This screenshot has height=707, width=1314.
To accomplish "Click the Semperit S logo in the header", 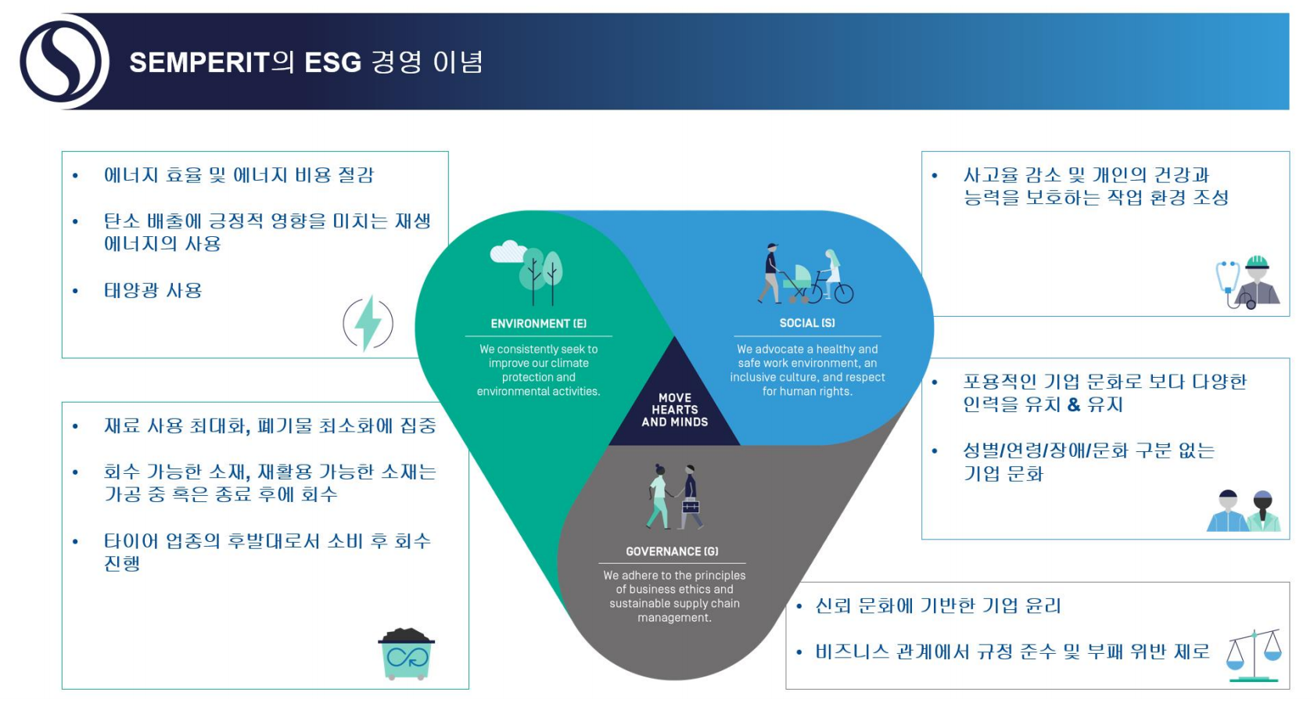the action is pyautogui.click(x=64, y=62).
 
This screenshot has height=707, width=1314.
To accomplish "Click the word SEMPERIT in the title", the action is pyautogui.click(x=199, y=63).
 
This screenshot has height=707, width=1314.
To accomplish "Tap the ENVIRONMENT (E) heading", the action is pyautogui.click(x=538, y=323).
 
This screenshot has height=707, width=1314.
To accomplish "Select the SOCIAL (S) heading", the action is pyautogui.click(x=807, y=323).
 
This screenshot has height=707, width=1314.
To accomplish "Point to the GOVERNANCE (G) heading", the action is pyautogui.click(x=672, y=551).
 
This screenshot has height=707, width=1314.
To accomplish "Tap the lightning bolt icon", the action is pyautogui.click(x=368, y=324).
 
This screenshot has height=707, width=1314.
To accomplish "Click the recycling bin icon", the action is pyautogui.click(x=406, y=654).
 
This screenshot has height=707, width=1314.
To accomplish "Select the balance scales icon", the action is pyautogui.click(x=1255, y=655).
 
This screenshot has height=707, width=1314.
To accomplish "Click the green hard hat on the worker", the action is pyautogui.click(x=1257, y=262).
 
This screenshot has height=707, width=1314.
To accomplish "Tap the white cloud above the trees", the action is pyautogui.click(x=508, y=251).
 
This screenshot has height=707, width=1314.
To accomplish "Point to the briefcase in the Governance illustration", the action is pyautogui.click(x=691, y=507).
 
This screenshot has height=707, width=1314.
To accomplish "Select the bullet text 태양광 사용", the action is pyautogui.click(x=153, y=290).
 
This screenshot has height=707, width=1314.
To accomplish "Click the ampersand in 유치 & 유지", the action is pyautogui.click(x=1073, y=404).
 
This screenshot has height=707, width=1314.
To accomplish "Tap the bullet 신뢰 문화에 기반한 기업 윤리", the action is pyautogui.click(x=938, y=605).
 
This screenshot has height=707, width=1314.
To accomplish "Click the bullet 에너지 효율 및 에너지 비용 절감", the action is pyautogui.click(x=238, y=175).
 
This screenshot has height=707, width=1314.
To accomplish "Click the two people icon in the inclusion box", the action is pyautogui.click(x=1244, y=511).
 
